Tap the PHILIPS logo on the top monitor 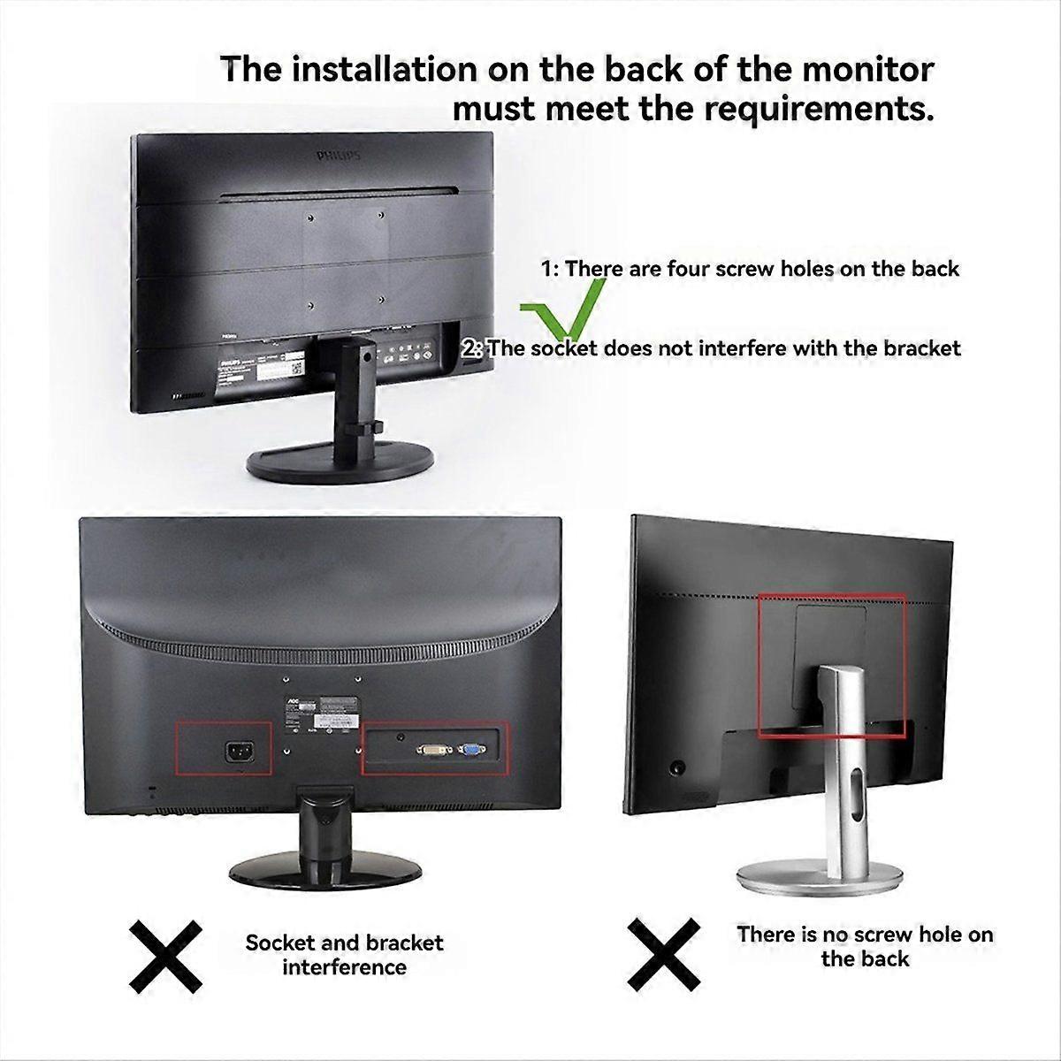click(x=339, y=156)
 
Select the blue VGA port click(x=469, y=751)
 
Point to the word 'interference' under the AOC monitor click(x=344, y=967)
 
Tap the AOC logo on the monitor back click(x=293, y=698)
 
